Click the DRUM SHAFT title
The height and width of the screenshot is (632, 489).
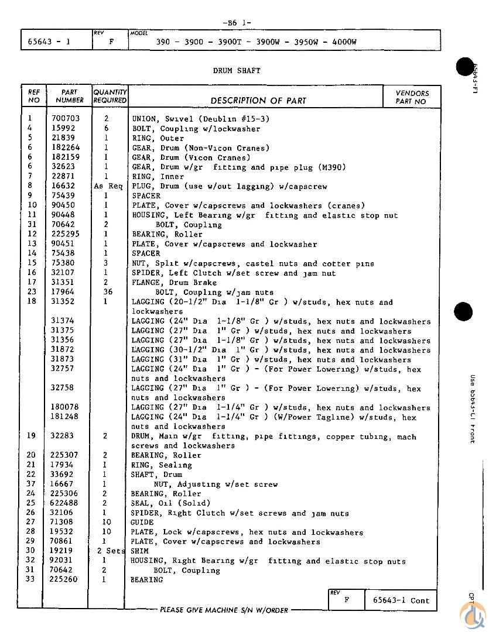(237, 71)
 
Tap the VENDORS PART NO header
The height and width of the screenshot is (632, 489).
(412, 97)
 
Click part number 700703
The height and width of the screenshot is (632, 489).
(65, 119)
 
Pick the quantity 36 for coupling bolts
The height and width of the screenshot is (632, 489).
(107, 292)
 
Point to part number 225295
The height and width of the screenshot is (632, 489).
(65, 234)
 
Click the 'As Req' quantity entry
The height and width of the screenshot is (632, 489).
(108, 186)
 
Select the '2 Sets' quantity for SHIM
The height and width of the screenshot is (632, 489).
(111, 551)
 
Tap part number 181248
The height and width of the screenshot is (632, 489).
(65, 417)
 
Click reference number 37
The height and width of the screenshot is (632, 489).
(32, 484)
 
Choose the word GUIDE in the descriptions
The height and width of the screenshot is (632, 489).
(143, 523)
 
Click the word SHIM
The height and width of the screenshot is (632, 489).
(141, 551)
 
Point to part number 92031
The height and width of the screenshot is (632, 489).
(63, 561)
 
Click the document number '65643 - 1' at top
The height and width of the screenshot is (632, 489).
(49, 42)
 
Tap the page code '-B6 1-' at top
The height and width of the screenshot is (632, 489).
(237, 23)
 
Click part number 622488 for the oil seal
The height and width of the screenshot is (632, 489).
(65, 503)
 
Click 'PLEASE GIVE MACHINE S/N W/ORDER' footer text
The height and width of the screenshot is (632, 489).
(224, 610)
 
